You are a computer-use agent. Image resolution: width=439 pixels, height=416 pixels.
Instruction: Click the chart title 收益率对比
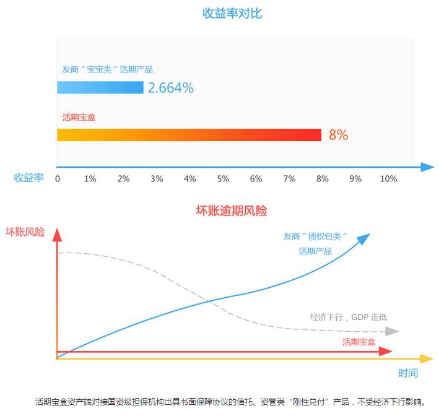(x=232, y=13)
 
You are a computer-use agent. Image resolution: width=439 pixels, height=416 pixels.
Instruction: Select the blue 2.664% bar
(x=100, y=88)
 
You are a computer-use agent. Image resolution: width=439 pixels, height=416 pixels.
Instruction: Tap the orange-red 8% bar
(x=189, y=135)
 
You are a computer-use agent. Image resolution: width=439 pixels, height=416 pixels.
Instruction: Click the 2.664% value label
(x=171, y=88)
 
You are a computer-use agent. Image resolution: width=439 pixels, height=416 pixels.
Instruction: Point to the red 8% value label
(x=338, y=135)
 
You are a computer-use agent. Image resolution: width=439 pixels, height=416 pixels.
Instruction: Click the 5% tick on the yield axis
(x=223, y=179)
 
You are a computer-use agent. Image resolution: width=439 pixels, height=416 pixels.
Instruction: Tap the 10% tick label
(x=388, y=179)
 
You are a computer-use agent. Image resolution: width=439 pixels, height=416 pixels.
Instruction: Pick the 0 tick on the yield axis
(x=58, y=179)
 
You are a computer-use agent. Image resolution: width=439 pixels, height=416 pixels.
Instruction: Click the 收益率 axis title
(x=29, y=178)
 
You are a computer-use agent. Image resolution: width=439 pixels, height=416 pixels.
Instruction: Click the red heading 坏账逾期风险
(x=232, y=210)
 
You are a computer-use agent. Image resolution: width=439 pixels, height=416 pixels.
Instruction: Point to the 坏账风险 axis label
(x=25, y=232)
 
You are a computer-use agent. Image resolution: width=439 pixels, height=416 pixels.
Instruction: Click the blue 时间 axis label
(x=407, y=373)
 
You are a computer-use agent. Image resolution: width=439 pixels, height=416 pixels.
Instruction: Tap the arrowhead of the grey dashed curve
(x=391, y=332)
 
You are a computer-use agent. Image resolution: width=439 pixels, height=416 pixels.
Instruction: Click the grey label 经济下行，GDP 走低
(x=349, y=317)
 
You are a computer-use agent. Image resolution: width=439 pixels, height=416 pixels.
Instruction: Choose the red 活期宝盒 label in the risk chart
(x=359, y=342)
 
